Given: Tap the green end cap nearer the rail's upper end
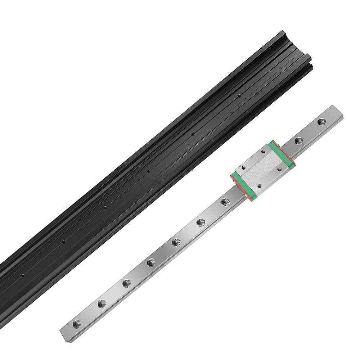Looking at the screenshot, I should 282,153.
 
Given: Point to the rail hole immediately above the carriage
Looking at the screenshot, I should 298,141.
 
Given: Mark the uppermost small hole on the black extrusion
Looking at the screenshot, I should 239,96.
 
